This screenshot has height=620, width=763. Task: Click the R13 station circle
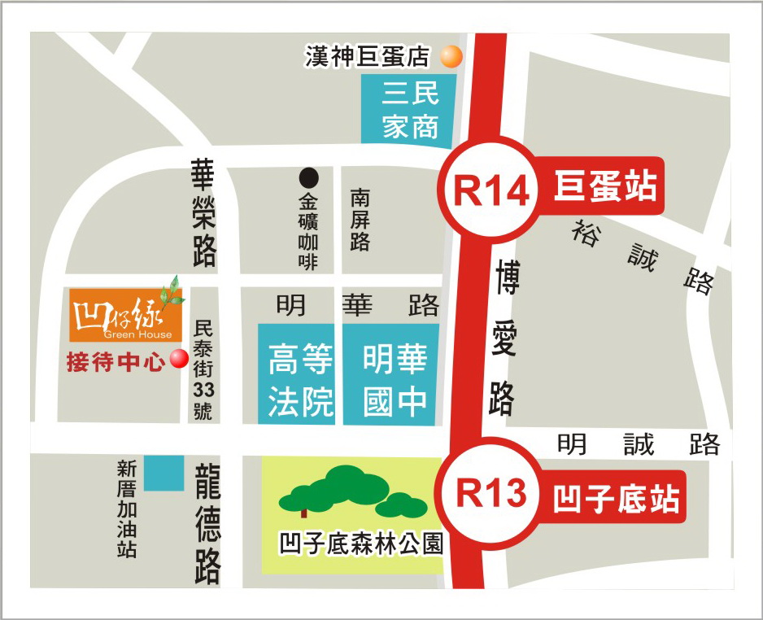coord(490,494)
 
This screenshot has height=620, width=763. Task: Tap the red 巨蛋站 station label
coord(605,186)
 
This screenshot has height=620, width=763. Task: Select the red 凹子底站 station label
coord(616,498)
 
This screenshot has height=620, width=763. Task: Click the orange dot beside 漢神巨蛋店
coord(451,56)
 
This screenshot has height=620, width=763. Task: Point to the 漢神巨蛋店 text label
coord(367,56)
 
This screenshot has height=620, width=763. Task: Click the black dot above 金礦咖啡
coord(309,177)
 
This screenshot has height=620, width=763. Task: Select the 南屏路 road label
coord(360,220)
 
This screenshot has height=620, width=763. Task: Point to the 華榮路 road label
coord(203,213)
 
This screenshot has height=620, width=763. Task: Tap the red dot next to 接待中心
coord(178,359)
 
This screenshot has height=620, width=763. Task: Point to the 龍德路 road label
coord(207,523)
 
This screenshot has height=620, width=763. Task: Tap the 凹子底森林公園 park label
coord(360,543)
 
